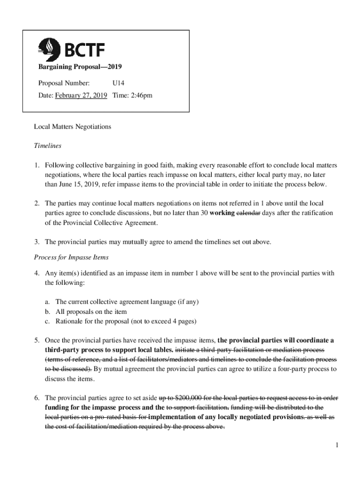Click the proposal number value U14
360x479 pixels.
118,83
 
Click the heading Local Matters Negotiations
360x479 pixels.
72,127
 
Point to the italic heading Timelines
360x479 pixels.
48,146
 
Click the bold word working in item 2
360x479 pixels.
221,213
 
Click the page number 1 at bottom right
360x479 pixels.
336,444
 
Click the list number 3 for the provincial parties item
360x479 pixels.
36,242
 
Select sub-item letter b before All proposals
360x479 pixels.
47,312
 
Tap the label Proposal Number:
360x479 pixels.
64,83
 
